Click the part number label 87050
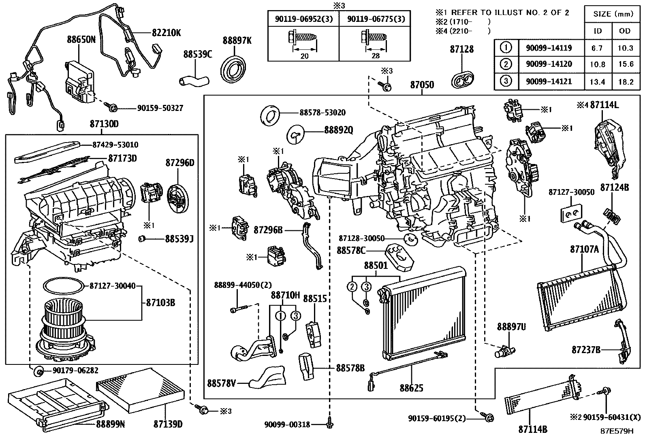coord(422,85)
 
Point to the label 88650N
coord(81,39)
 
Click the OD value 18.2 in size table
coord(626,82)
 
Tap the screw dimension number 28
coord(376,56)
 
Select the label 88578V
coord(221,382)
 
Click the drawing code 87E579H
coord(616,431)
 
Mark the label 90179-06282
coord(75,370)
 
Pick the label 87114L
coord(604,105)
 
